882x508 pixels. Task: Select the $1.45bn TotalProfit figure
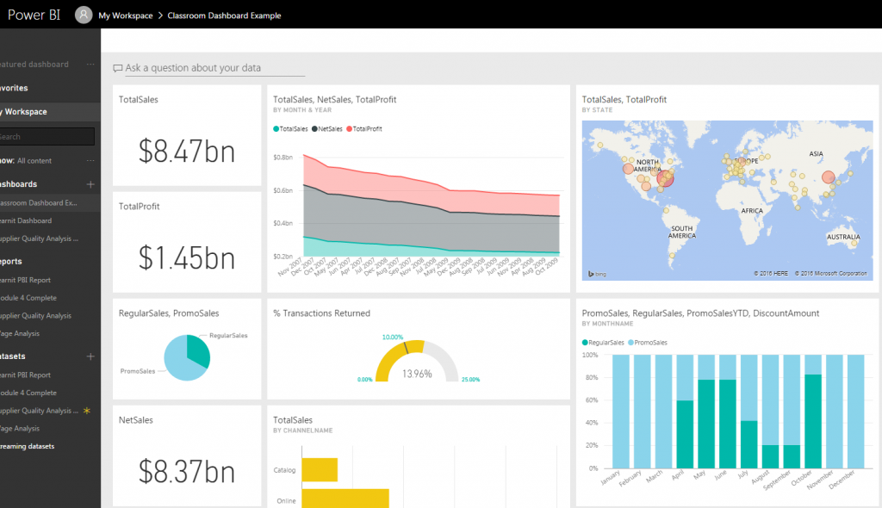pos(187,257)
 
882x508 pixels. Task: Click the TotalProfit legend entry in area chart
pos(364,128)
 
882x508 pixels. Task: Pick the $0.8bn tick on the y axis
pos(283,158)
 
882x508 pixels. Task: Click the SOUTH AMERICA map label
pos(682,231)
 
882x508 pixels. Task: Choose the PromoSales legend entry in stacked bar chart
pos(653,342)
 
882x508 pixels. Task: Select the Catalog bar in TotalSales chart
pos(319,470)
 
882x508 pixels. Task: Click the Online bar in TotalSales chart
pos(345,499)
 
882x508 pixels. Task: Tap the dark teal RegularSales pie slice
pos(196,350)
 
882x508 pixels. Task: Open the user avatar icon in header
pos(84,15)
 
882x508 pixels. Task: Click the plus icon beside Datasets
pos(90,356)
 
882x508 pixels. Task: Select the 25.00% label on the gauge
pos(470,380)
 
